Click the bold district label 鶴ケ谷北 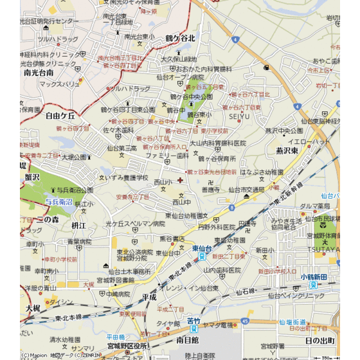180,39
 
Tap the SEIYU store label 239,116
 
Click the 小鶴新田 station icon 313,284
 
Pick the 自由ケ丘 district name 60,116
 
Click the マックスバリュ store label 60,84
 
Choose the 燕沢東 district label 287,150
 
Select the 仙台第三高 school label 122,148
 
